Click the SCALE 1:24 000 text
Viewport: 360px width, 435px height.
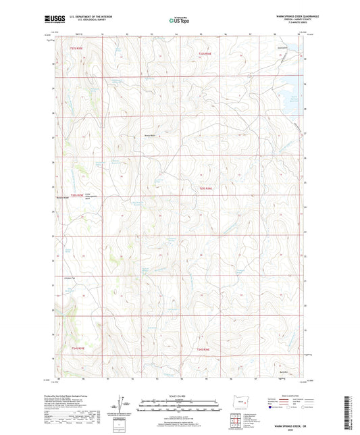pyautogui.click(x=179, y=395)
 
